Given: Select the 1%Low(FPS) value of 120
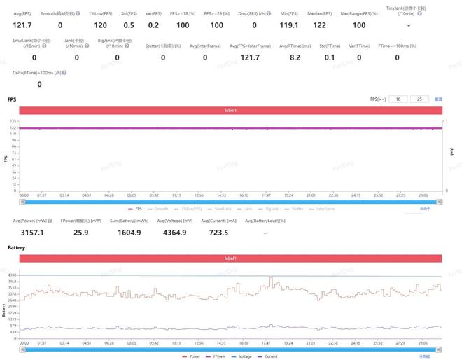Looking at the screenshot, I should [101, 25].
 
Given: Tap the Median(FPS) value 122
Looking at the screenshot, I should [319, 25].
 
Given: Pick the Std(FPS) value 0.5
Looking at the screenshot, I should [129, 25].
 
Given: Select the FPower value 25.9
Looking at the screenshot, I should [81, 232].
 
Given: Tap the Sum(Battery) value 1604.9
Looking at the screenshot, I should [129, 232].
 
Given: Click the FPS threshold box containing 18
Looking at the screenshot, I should [399, 99].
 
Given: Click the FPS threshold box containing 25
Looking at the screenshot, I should [420, 99].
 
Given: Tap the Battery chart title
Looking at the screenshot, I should [17, 248].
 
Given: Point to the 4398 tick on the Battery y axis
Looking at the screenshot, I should [13, 275].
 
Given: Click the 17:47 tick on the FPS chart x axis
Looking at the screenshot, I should [266, 195].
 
